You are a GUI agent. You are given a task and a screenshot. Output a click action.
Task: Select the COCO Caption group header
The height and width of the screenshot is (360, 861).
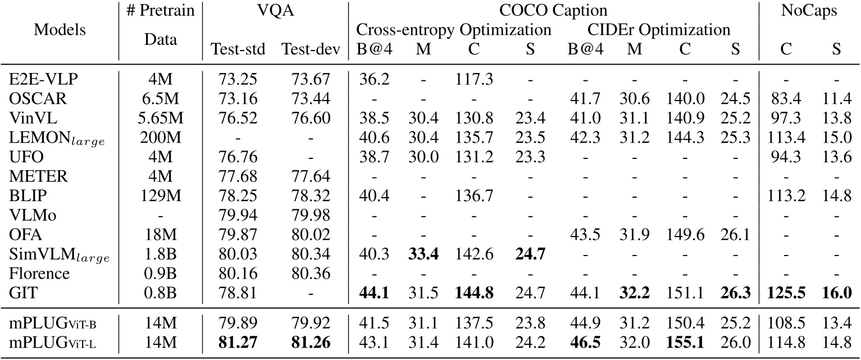coord(553,11)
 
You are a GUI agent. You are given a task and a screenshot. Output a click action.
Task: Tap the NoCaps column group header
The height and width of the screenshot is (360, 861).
coord(810,11)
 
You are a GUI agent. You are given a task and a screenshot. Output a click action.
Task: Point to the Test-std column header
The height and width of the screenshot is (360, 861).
coord(238,50)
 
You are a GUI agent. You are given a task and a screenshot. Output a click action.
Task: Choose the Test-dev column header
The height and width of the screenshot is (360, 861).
coord(311,50)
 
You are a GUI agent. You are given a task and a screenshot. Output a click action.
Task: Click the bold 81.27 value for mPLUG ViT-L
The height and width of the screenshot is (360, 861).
coord(238,342)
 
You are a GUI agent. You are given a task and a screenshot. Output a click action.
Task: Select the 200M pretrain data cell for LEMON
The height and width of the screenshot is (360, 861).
coord(160,136)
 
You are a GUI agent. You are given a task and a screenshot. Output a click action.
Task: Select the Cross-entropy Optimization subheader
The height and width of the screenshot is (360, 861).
coord(454,30)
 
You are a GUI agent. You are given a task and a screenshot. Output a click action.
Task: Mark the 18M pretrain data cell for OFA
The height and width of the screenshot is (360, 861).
coord(160,234)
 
